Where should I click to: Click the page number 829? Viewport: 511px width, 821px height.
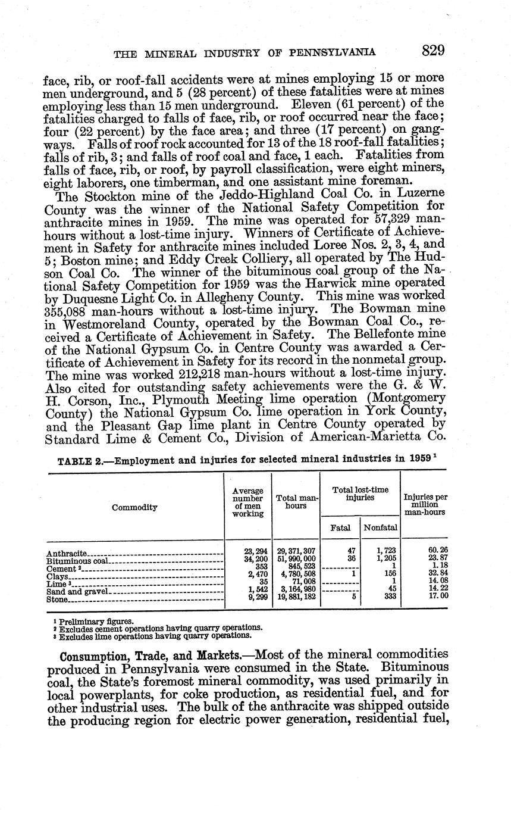(x=434, y=51)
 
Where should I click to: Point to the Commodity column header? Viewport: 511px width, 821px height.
(x=134, y=507)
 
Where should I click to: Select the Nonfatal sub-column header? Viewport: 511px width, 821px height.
(x=381, y=527)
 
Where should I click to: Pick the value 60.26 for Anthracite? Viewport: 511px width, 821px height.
(x=438, y=551)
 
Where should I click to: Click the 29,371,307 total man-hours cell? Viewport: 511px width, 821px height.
(x=295, y=551)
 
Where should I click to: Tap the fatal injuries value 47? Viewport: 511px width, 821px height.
(x=350, y=551)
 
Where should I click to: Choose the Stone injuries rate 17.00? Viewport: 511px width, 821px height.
(x=438, y=597)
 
